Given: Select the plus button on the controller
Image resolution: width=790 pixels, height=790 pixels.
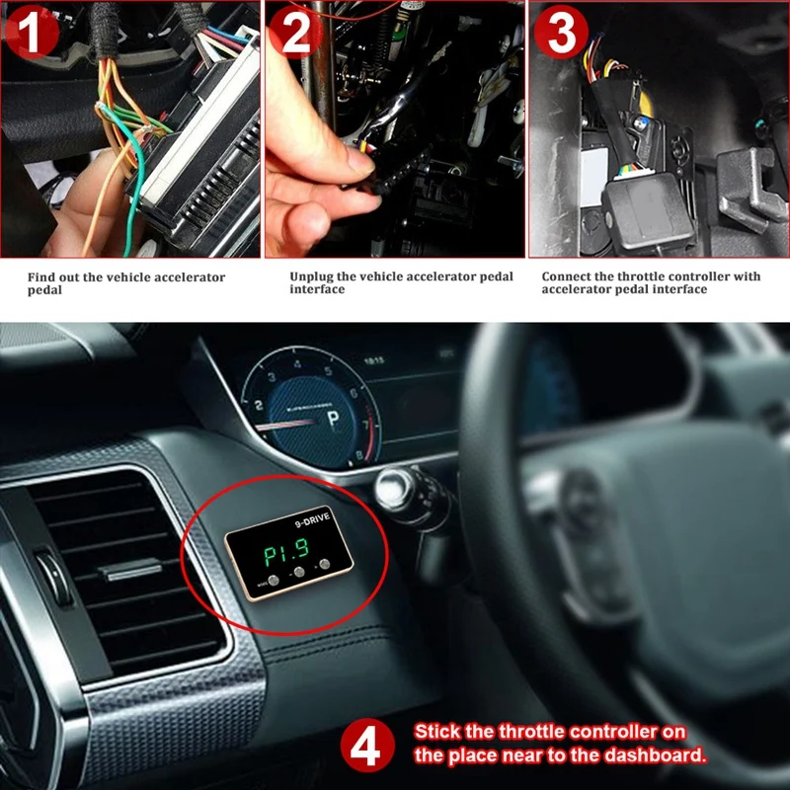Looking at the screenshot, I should point(324,566).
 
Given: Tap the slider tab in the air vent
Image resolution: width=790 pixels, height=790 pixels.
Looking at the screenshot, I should point(130,571).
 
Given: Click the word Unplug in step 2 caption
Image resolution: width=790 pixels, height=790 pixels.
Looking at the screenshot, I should point(311,276).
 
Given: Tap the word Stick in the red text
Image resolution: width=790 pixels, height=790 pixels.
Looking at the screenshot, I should point(434,732).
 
